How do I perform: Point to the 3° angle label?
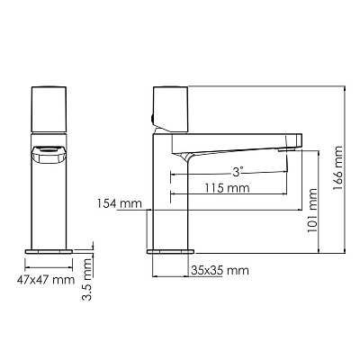pyautogui.click(x=236, y=170)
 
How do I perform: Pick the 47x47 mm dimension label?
pyautogui.click(x=52, y=280)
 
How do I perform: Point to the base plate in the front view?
pyautogui.click(x=50, y=248)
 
